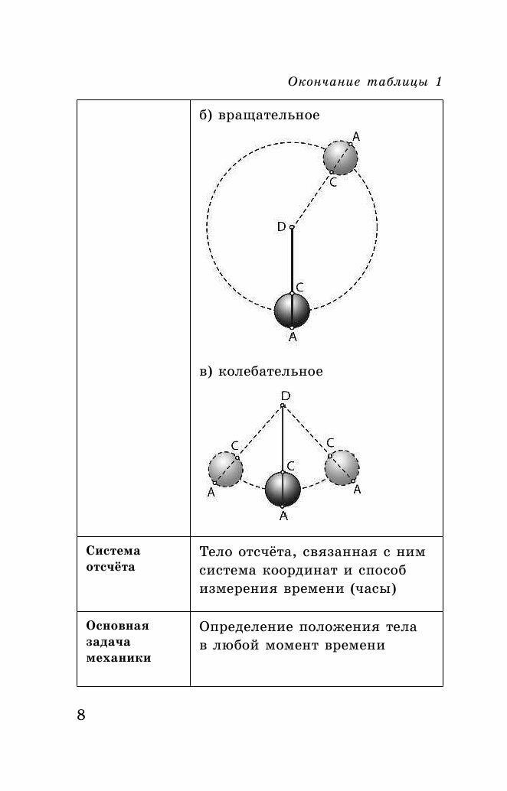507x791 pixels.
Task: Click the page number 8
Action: (x=82, y=715)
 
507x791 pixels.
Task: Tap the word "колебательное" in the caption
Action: (x=270, y=372)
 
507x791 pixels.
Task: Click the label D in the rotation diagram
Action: (x=281, y=226)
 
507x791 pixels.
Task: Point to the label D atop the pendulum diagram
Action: (x=285, y=395)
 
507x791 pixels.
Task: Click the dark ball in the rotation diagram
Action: (x=292, y=310)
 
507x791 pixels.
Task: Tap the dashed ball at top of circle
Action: (x=341, y=158)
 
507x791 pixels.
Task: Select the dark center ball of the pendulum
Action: (x=283, y=489)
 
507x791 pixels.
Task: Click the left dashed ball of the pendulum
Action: (x=225, y=469)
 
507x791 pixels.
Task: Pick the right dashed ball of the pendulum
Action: (x=342, y=467)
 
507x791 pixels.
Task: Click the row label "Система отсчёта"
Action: (x=113, y=558)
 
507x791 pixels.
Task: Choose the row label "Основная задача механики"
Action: (x=118, y=641)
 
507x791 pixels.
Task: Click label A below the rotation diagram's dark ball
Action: (x=292, y=337)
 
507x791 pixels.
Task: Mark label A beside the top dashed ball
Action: (x=356, y=137)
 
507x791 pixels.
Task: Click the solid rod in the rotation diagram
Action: (x=292, y=260)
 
